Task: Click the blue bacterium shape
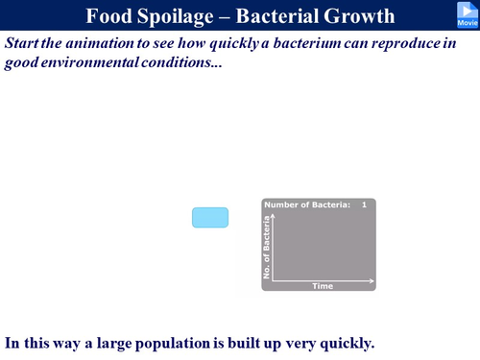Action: (210, 218)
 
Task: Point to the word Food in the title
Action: (110, 16)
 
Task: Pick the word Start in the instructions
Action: (25, 44)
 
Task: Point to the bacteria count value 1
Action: (364, 204)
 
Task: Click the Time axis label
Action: (323, 286)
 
